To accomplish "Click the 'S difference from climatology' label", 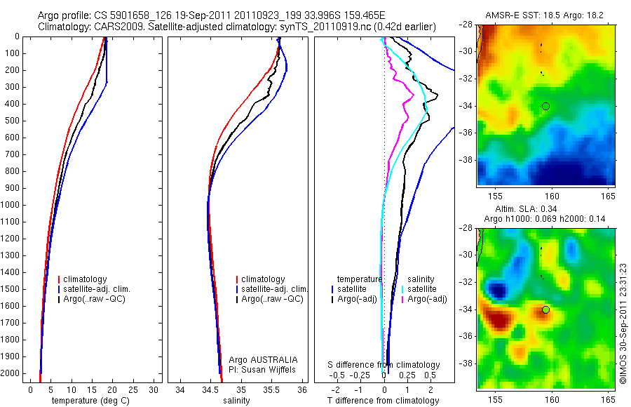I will [x=384, y=365].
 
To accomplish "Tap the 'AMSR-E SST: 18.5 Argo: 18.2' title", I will [x=543, y=15].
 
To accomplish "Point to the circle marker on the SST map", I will [x=545, y=106].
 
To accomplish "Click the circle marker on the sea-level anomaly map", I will [x=545, y=309].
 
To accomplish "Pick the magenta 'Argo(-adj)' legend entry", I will [x=428, y=300].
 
